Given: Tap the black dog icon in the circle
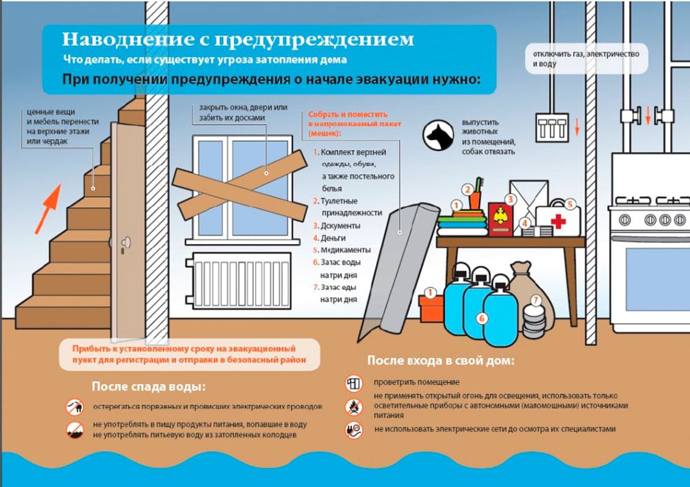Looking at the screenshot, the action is coord(438,136).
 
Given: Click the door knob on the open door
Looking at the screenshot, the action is coord(126,242).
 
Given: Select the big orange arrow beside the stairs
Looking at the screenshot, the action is coord(48,209).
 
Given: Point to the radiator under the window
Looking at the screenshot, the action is coord(239,280).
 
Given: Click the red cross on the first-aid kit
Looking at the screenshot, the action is coord(558,221).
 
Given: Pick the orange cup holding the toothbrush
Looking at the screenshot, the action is coord(475,200).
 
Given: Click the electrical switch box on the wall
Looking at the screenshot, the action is coord(552,128).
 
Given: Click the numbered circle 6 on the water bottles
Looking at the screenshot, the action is coord(482,318).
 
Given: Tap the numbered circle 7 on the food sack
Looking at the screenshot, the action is coord(535,301).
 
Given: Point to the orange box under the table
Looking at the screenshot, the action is coord(431,309).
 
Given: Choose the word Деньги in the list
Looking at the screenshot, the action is coord(333,238).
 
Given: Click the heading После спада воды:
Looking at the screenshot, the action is coord(149,387).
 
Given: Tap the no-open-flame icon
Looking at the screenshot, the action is coord(354,407).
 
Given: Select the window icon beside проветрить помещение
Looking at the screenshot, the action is coord(354,383).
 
